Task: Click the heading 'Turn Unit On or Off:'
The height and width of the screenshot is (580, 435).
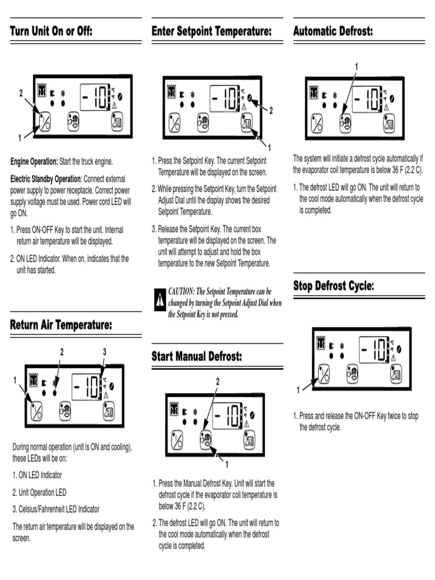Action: [51, 31]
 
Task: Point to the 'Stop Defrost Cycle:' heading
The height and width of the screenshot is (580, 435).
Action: [334, 286]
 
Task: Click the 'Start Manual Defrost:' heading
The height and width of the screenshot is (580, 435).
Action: [197, 356]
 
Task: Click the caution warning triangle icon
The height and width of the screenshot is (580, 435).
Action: [160, 298]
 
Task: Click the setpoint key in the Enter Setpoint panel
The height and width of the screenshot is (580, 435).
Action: [248, 122]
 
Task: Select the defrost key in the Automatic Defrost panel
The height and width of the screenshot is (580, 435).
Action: [345, 122]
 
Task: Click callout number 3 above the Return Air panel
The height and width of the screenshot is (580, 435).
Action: [105, 352]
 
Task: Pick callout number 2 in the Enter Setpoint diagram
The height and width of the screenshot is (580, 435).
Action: [271, 111]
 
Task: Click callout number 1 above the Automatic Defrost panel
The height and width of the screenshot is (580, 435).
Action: [356, 67]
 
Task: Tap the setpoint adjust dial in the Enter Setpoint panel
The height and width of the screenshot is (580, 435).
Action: [250, 96]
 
